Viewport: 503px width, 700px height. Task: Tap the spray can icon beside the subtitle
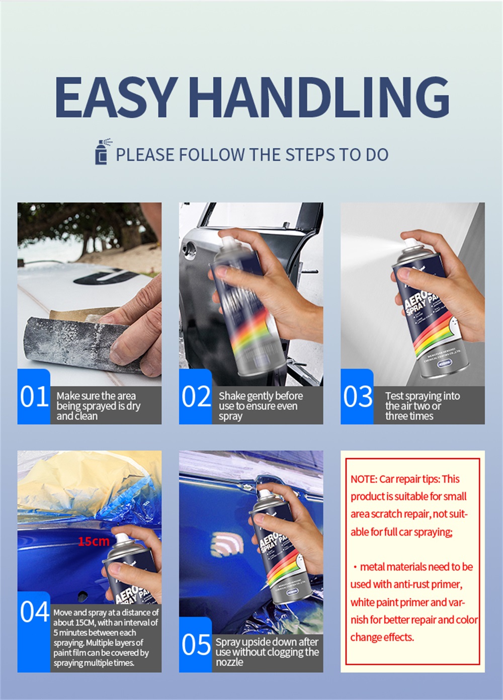[103, 151]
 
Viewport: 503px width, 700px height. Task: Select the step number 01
[34, 397]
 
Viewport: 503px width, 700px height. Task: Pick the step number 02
[196, 397]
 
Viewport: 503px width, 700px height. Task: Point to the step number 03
[358, 397]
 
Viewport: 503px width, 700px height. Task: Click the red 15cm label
[94, 541]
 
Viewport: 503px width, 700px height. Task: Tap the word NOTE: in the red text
[364, 479]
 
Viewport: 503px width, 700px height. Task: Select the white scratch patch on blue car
[227, 545]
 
